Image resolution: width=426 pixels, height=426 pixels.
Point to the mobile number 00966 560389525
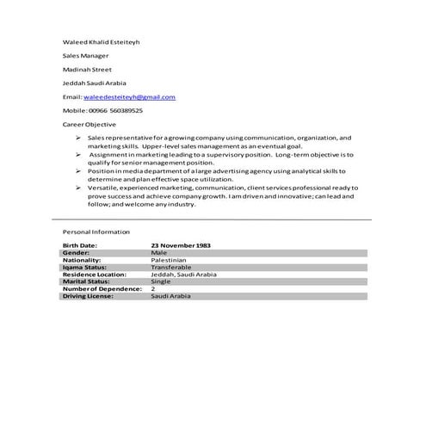pyautogui.click(x=115, y=111)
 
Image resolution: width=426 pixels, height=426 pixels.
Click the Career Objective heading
pyautogui.click(x=89, y=125)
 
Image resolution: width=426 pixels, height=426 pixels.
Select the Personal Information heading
pyautogui.click(x=96, y=232)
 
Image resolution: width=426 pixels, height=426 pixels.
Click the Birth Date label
pyautogui.click(x=80, y=246)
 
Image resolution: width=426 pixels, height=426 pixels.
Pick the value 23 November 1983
pyautogui.click(x=181, y=246)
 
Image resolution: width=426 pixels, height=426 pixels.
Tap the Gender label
pyautogui.click(x=76, y=253)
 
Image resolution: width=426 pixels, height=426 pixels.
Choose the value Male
pyautogui.click(x=158, y=253)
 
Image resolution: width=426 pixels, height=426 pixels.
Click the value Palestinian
pyautogui.click(x=169, y=260)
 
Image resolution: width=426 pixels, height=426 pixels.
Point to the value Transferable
pyautogui.click(x=170, y=267)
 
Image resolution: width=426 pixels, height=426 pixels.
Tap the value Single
pyautogui.click(x=161, y=281)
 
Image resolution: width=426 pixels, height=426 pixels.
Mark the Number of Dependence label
pyautogui.click(x=100, y=288)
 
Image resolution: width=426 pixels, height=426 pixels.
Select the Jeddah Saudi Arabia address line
pyautogui.click(x=95, y=83)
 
